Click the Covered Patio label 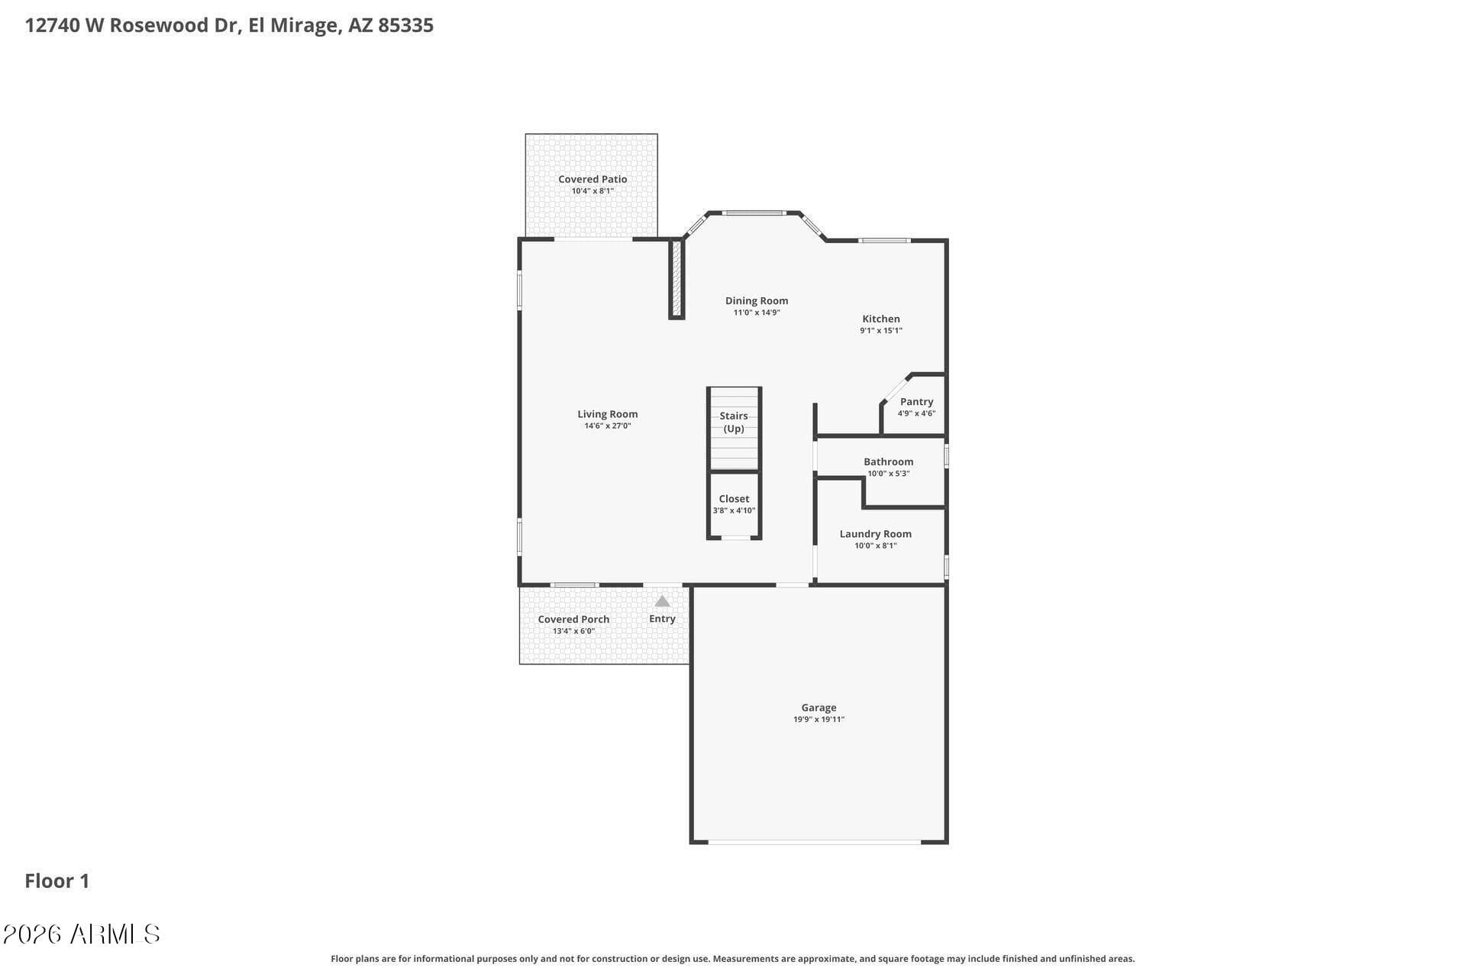(x=593, y=180)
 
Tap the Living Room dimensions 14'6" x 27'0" (x=608, y=426)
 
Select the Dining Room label (x=757, y=301)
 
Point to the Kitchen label (x=881, y=319)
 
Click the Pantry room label (x=916, y=402)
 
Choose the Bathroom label (x=888, y=461)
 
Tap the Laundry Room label (x=875, y=534)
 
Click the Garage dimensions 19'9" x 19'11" (x=819, y=720)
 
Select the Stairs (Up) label (x=734, y=422)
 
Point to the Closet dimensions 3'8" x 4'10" (x=734, y=510)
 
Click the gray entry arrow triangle (x=662, y=601)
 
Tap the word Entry (x=662, y=619)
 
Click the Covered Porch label (x=573, y=620)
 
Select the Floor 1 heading (x=57, y=881)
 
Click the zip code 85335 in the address (x=405, y=25)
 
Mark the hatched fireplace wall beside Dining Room (x=676, y=278)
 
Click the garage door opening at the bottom (x=814, y=842)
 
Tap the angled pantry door (x=895, y=389)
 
